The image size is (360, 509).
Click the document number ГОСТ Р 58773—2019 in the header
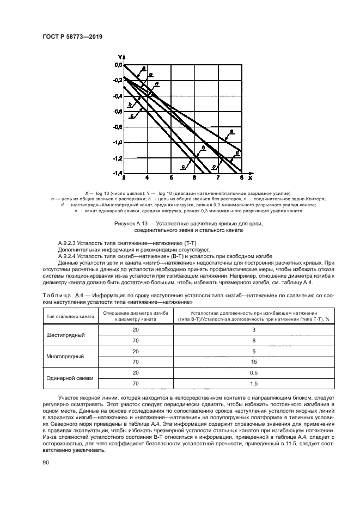[72, 36]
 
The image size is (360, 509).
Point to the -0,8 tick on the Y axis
[117, 127]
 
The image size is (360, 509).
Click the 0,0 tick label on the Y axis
[118, 65]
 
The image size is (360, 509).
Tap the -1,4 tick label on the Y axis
[117, 173]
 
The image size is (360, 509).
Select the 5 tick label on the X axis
[171, 178]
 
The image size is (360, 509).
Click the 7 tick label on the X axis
[218, 178]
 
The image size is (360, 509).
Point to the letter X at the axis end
[250, 178]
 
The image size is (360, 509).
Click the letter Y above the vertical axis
[120, 57]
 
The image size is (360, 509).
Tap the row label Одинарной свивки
[70, 378]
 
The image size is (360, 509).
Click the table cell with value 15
[253, 361]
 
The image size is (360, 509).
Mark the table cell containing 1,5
[253, 383]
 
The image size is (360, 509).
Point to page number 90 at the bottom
[46, 463]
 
